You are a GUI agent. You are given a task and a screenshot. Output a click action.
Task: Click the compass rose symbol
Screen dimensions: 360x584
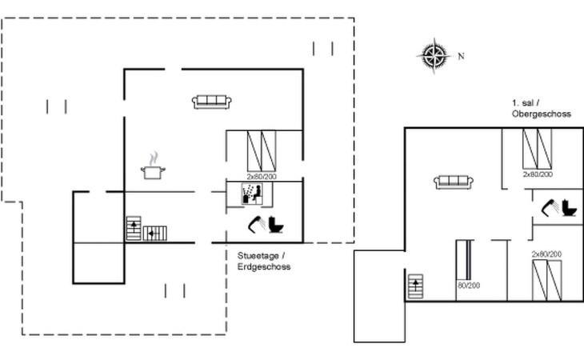pos(434,55)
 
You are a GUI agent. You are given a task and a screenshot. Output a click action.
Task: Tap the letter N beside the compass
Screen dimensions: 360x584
pos(461,56)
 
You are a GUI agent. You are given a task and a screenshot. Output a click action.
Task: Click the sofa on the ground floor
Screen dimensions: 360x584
pos(212,102)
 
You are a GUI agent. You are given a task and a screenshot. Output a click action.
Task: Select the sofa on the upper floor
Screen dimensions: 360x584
pos(454,182)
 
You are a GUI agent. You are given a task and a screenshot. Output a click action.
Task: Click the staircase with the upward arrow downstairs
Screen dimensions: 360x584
pos(134,230)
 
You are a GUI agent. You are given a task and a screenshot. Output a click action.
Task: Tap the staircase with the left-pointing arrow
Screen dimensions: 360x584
pos(155,233)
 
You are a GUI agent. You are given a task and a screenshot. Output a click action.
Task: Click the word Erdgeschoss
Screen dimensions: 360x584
pos(263,266)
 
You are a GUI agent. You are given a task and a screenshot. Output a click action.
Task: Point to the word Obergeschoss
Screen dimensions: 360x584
pos(541,114)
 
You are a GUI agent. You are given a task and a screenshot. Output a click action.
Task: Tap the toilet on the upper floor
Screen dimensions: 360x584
pos(570,208)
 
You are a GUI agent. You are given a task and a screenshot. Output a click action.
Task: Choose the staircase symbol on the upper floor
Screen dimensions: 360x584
pos(415,286)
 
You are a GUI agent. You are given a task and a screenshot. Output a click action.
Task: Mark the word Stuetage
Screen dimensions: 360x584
pos(254,255)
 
